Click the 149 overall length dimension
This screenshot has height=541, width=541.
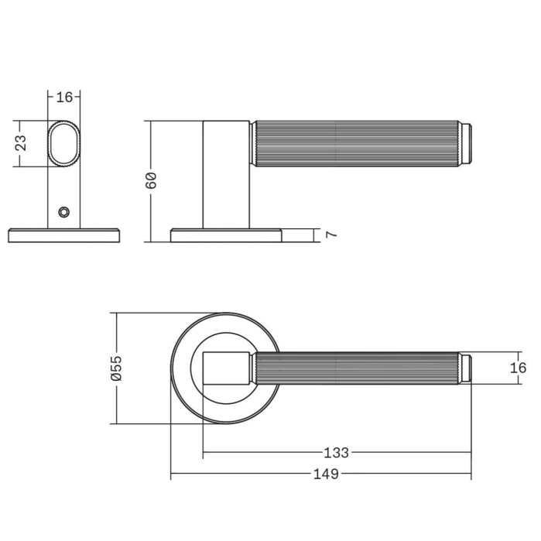tap(326, 474)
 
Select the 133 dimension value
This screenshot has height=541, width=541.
tap(336, 452)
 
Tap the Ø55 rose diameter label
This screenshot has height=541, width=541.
tap(117, 368)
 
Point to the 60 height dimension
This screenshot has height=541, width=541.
tap(151, 180)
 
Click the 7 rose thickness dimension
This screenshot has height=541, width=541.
tap(331, 235)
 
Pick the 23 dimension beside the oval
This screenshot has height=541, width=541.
tap(21, 143)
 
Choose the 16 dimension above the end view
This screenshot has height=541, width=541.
tap(64, 98)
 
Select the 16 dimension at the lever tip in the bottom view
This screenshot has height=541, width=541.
tap(518, 368)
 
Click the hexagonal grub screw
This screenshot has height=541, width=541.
tap(63, 212)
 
